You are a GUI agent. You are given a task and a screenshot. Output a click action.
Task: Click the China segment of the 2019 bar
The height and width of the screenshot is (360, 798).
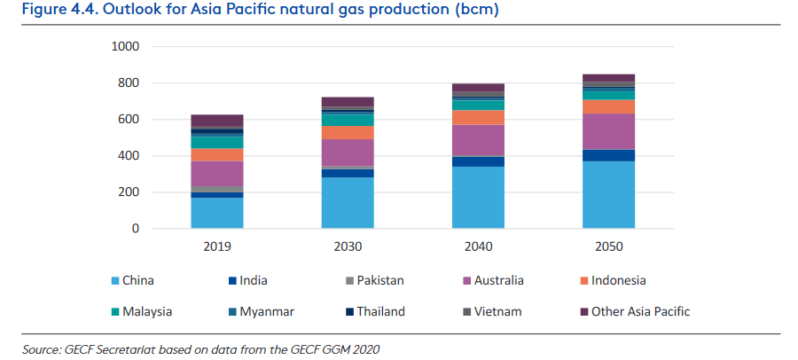tap(217, 213)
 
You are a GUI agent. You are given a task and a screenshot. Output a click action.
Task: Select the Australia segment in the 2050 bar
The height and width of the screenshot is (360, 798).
tap(608, 131)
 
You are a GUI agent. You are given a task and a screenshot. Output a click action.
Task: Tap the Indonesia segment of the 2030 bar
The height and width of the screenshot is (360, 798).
tap(348, 132)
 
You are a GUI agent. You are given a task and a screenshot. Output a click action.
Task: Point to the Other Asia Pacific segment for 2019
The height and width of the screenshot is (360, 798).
tap(217, 121)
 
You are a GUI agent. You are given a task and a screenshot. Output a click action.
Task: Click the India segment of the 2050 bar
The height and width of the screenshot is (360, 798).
tap(608, 155)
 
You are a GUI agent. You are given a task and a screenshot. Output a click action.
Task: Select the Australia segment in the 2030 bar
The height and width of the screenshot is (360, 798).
tap(348, 153)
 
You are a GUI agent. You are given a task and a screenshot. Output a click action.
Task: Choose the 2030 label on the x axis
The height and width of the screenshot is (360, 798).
tap(348, 246)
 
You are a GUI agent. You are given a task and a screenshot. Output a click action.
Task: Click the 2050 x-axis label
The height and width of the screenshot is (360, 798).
tap(608, 246)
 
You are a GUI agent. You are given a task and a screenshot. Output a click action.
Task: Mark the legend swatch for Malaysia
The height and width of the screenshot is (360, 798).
tap(116, 311)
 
